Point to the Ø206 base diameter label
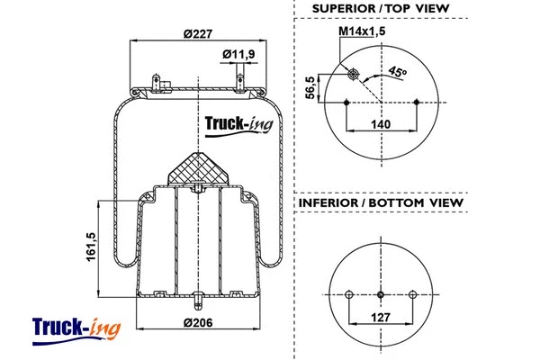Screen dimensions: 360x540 [x=196, y=323]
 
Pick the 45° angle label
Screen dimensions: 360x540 [x=397, y=73]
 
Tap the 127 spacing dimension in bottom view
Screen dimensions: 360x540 [x=381, y=316]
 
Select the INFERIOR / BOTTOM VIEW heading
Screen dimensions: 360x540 [x=381, y=202]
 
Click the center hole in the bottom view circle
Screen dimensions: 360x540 [x=381, y=293]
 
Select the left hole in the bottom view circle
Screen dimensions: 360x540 [x=348, y=293]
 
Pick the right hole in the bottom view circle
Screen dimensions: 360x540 [x=413, y=293]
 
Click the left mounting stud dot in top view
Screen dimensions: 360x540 [x=346, y=103]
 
